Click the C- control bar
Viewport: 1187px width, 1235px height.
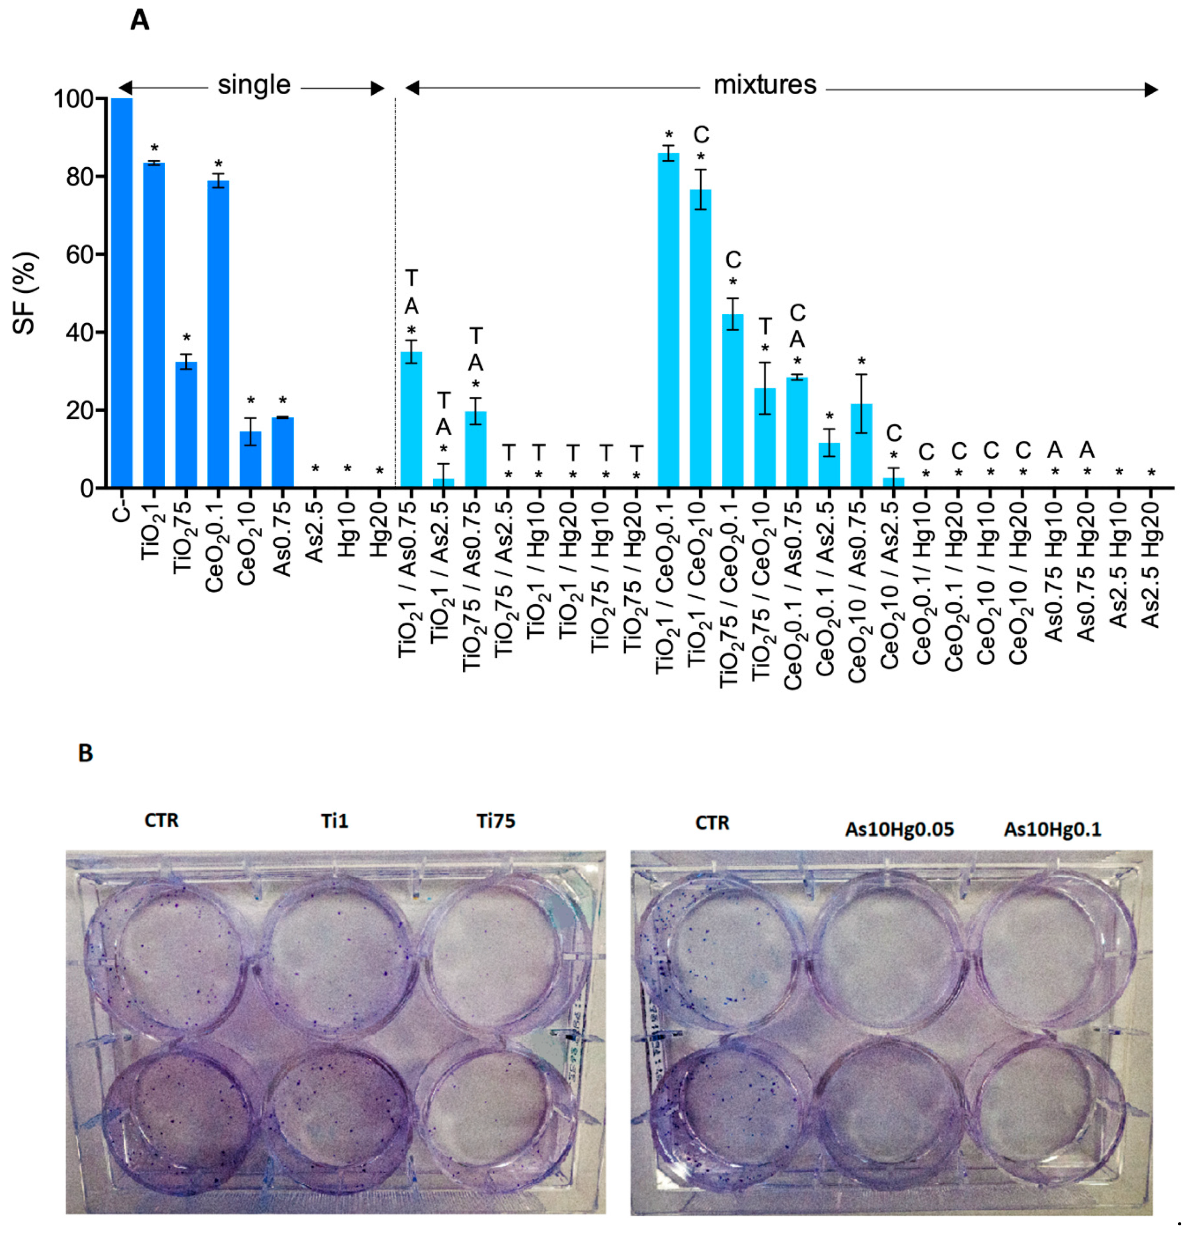coord(122,292)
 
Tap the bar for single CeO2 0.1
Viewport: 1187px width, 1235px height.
coord(218,334)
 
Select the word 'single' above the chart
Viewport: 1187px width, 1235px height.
coord(254,85)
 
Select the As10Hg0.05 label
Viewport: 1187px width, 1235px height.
coord(899,829)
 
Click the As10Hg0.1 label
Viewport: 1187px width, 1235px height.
coord(1052,829)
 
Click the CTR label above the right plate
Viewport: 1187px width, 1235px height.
coord(712,823)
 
